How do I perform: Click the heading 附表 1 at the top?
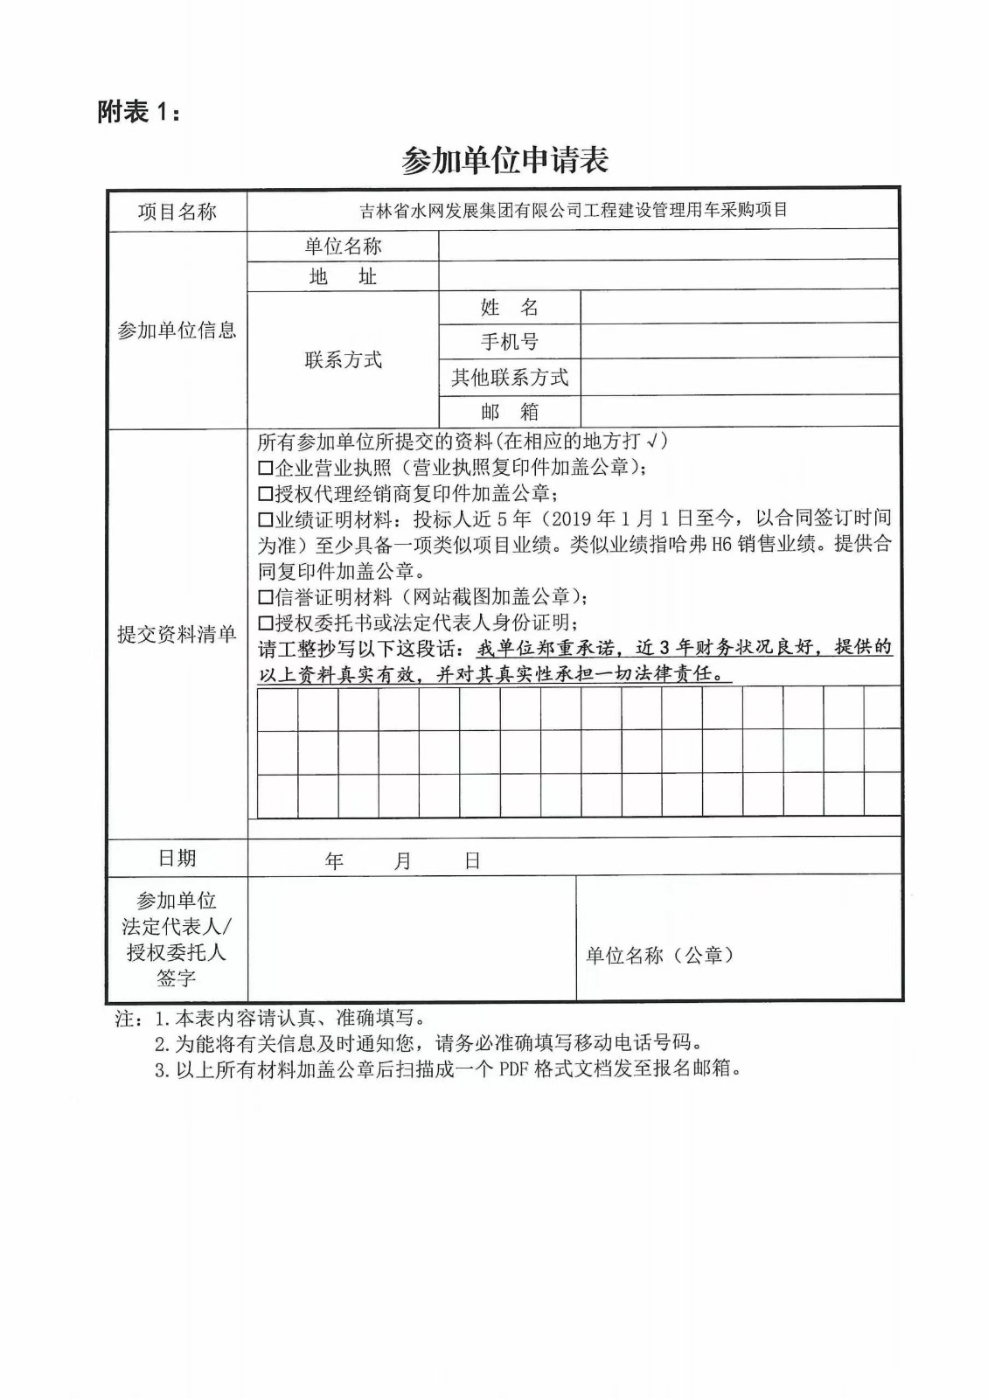point(140,112)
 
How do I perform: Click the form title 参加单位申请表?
point(504,160)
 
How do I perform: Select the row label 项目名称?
point(177,212)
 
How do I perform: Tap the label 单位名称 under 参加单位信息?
point(343,247)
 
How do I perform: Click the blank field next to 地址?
point(668,276)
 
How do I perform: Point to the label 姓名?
point(509,308)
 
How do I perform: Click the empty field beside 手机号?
point(739,341)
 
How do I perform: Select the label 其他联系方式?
point(509,378)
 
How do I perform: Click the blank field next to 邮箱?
point(739,411)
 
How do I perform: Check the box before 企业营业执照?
point(266,469)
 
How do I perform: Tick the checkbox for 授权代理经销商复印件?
point(266,494)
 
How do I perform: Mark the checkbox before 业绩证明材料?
point(266,520)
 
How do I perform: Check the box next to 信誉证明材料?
point(266,598)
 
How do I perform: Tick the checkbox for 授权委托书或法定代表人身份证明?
point(266,623)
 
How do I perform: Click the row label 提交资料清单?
point(177,635)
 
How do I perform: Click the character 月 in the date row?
point(402,861)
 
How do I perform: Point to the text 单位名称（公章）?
point(659,956)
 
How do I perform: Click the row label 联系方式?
point(343,359)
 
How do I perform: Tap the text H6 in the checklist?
point(720,545)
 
